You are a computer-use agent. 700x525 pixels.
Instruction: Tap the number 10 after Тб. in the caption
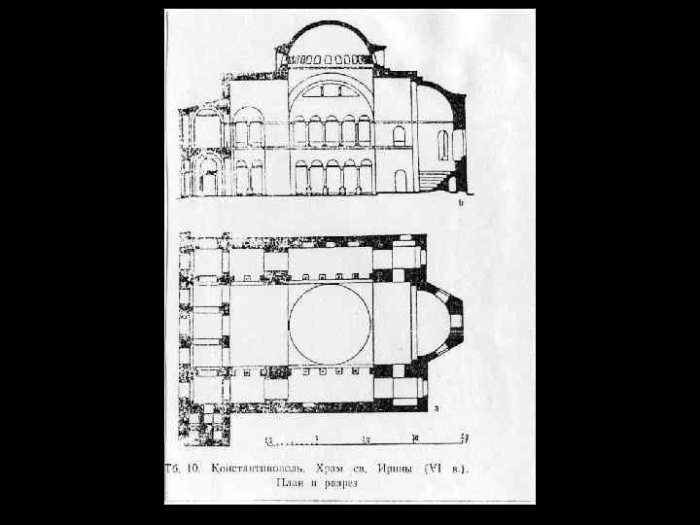coord(193,468)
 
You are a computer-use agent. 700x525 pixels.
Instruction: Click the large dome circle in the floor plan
coord(330,323)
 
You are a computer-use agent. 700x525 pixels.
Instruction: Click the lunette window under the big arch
coord(332,93)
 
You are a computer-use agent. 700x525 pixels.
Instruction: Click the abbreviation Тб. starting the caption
coord(172,468)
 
